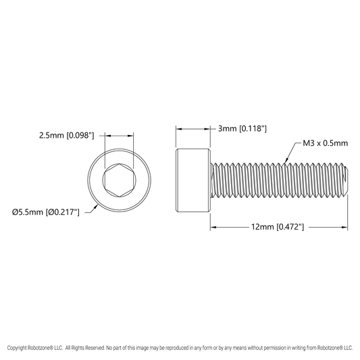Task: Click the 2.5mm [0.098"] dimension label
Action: (x=67, y=136)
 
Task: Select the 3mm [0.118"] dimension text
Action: (x=242, y=128)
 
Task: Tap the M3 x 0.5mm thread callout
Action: (x=326, y=143)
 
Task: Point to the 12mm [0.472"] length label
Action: (x=278, y=227)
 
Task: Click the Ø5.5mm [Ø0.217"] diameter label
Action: (x=46, y=212)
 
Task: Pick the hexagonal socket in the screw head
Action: (x=119, y=180)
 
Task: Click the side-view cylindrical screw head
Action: (x=193, y=180)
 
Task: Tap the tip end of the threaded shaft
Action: (x=346, y=180)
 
